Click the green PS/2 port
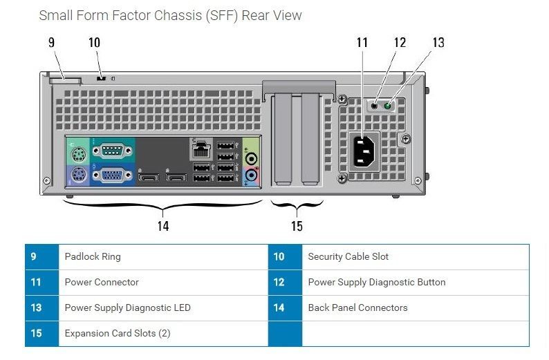click(x=77, y=150)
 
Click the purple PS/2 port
click(x=77, y=175)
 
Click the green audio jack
click(x=251, y=157)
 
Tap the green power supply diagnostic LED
click(x=389, y=106)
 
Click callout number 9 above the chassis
click(x=51, y=42)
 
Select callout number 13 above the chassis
click(x=438, y=42)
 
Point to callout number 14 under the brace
click(x=163, y=225)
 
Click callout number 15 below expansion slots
click(x=297, y=225)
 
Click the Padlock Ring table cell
click(x=93, y=256)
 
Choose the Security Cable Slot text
click(x=348, y=256)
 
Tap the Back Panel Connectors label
click(x=357, y=307)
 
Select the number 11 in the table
click(x=36, y=282)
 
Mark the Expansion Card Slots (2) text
click(x=117, y=333)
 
